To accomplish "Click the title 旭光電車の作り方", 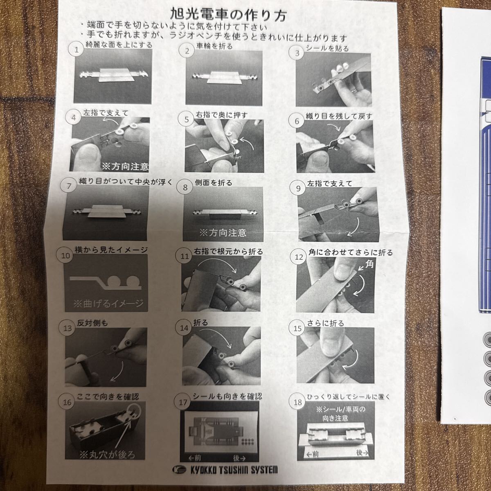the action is coord(228,15).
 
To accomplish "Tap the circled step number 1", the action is coord(77,50).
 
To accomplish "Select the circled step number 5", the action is coord(187,119).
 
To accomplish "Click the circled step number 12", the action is coord(299,257).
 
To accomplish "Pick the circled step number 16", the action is coord(67,402).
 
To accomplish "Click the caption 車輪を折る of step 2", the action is coord(214,46).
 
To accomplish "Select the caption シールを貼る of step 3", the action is coord(327,48).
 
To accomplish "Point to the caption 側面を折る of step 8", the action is coord(214,182).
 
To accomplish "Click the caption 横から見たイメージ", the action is coord(111,250).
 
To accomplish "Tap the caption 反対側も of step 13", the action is coord(92,323).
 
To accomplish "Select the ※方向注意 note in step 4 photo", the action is coord(125,167).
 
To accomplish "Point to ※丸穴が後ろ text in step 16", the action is coord(107,455).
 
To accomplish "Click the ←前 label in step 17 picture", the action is coord(195,458).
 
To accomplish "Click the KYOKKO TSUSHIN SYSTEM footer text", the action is coord(234,470).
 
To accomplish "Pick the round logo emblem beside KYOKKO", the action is coord(179,469).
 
